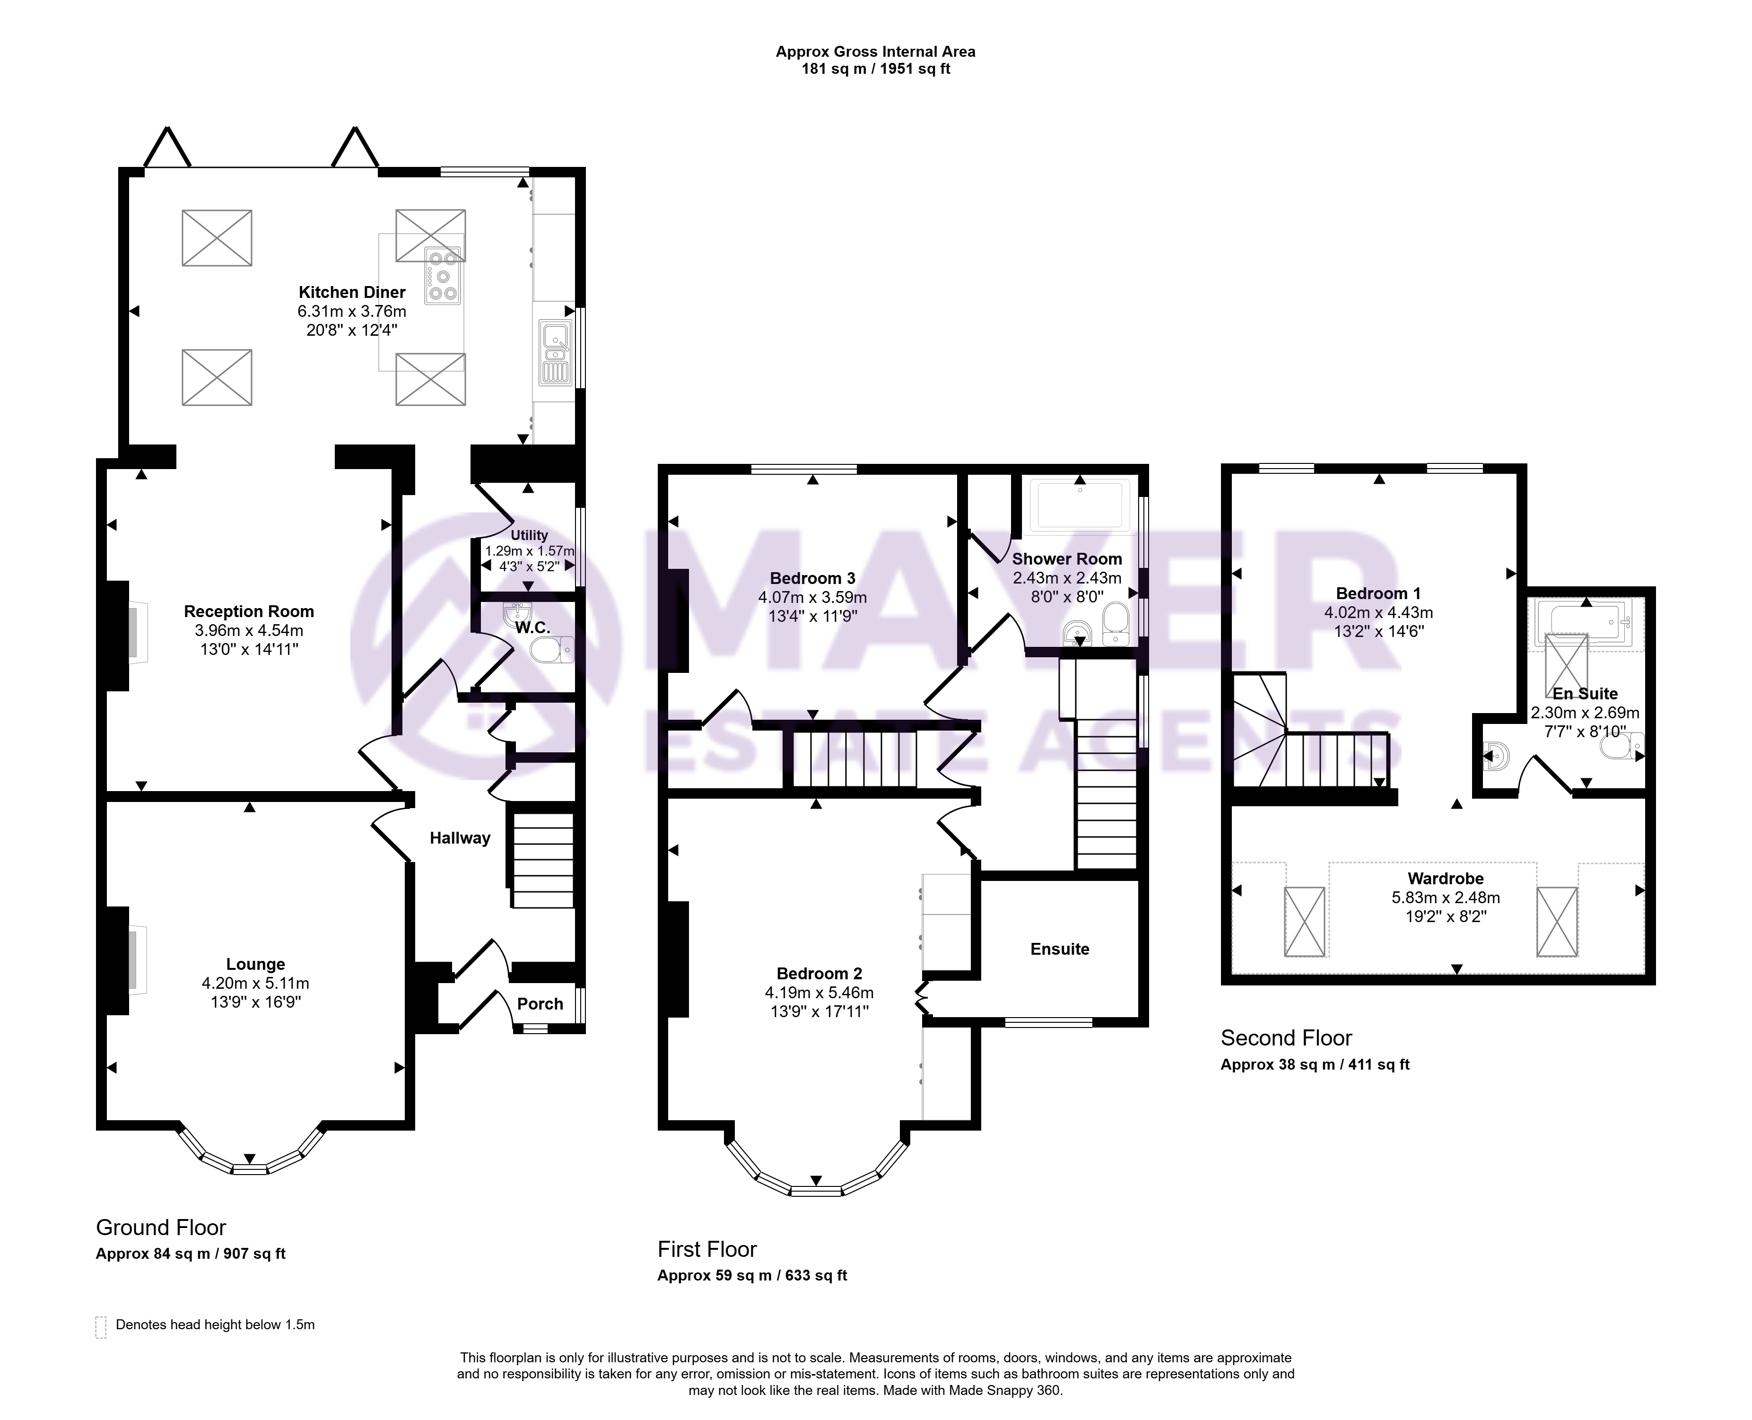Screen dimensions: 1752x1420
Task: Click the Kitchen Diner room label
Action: coord(352,292)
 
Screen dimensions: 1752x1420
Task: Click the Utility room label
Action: coord(529,535)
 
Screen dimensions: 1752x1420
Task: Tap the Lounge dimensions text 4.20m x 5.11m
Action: coord(255,983)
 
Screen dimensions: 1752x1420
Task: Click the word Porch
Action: coord(540,1004)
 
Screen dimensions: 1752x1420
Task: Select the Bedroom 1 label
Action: coord(1378,593)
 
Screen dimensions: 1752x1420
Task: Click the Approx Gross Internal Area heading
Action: coord(875,52)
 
